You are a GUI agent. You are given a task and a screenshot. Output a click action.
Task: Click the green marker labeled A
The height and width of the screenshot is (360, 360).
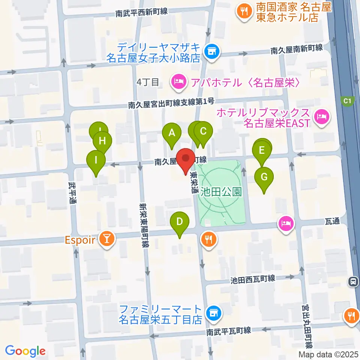(172, 133)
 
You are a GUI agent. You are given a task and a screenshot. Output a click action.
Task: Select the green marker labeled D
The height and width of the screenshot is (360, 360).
(180, 222)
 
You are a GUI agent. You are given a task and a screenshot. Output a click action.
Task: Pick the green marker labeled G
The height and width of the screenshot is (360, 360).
(264, 177)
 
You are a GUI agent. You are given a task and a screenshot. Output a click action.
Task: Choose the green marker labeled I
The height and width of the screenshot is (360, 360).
(96, 160)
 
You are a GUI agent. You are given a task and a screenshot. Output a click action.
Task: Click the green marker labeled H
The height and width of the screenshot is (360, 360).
(102, 141)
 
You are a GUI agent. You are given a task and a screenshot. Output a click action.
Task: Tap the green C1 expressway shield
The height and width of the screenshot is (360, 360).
(347, 100)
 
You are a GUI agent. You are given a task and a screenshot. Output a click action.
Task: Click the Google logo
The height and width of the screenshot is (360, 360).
(25, 351)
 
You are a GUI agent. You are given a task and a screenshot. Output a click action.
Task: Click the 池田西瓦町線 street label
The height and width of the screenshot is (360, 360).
(253, 279)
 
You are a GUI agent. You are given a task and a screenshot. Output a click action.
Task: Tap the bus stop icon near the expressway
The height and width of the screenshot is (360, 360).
(352, 281)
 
